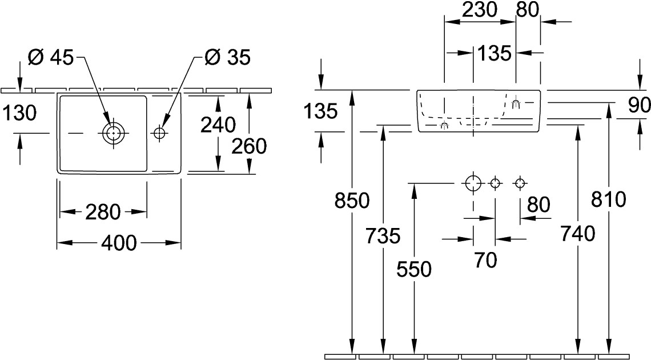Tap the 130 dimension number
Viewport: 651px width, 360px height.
point(19,113)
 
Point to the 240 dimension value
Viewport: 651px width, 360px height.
point(218,125)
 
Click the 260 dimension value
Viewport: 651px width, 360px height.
point(250,147)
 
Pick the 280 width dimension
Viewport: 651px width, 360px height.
point(103,212)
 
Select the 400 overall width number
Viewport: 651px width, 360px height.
point(119,243)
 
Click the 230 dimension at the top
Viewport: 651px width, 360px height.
point(480,10)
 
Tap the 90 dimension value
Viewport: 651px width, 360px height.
point(639,105)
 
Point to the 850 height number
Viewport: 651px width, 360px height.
point(353,201)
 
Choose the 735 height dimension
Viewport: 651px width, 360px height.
point(383,235)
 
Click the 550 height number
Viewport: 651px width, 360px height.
point(413,269)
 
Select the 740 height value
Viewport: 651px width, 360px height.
point(578,233)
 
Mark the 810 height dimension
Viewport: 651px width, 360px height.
point(610,199)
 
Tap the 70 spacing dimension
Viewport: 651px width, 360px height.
point(485,260)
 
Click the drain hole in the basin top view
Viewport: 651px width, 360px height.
point(113,133)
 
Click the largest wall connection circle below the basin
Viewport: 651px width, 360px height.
point(473,183)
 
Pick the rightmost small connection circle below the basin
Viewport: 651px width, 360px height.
point(519,183)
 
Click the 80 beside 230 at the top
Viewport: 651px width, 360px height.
point(528,10)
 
